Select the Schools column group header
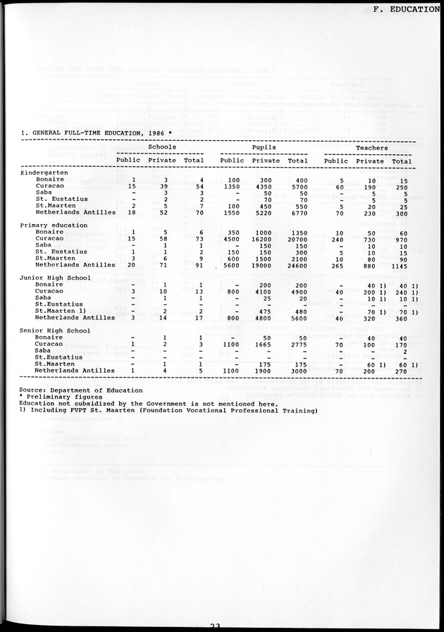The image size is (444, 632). [161, 147]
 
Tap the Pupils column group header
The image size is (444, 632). [263, 147]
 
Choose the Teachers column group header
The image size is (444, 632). [371, 147]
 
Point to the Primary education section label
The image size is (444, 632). [54, 225]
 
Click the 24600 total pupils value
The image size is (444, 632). [297, 265]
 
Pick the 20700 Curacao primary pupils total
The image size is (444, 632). [297, 238]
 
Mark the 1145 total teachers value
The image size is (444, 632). [402, 265]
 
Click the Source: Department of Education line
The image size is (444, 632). [81, 390]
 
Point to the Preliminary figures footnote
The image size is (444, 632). [63, 397]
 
